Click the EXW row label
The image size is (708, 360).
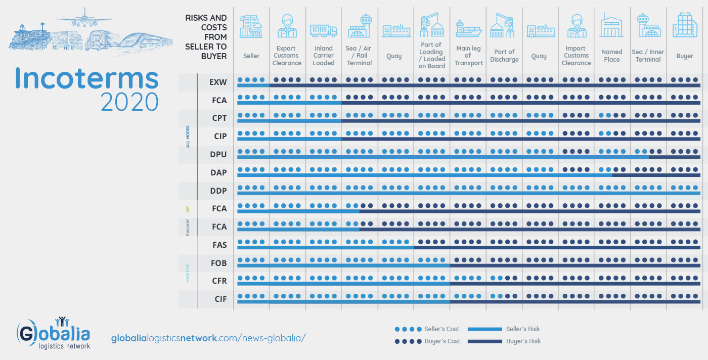pos(218,82)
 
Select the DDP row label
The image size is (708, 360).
pos(218,191)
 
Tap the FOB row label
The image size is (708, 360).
pos(218,263)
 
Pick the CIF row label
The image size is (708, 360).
pos(220,299)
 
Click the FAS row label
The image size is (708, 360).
pos(219,245)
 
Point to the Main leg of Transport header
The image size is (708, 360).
pos(468,56)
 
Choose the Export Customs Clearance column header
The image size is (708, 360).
pos(287,56)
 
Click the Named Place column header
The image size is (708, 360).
pos(611,56)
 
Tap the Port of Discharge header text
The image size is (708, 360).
pos(504,56)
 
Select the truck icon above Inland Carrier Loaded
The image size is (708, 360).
pos(323,31)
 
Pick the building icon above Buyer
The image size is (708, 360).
pos(685,25)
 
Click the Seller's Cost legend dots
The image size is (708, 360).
pos(408,329)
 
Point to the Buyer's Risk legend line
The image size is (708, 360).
pos(484,341)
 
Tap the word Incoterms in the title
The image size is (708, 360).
pos(86,78)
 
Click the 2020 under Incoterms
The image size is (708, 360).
pos(129,102)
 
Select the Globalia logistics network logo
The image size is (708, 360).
pos(54,334)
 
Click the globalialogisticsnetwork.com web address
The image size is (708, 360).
pos(208,338)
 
